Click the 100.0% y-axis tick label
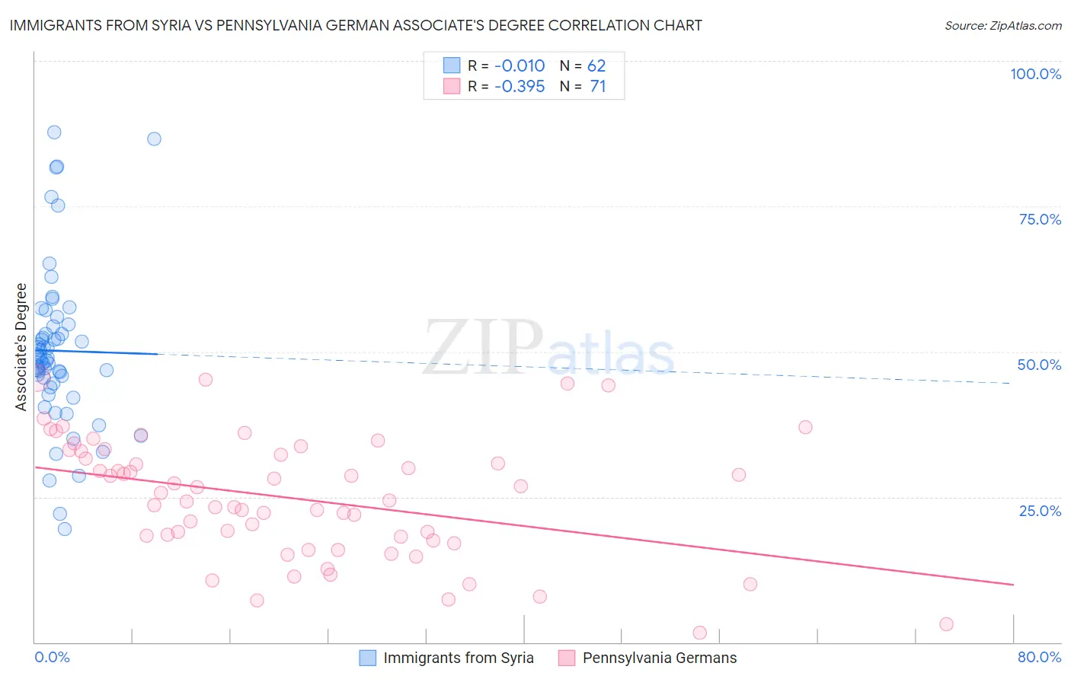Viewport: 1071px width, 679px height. [x=1035, y=74]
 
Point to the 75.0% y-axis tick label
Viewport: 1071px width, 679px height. [x=1040, y=219]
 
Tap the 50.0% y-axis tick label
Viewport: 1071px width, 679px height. [x=1039, y=365]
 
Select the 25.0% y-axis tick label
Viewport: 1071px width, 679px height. [x=1040, y=510]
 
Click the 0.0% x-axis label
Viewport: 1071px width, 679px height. [x=52, y=657]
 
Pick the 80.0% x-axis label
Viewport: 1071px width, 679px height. [x=1039, y=657]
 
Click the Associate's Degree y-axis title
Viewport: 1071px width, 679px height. [x=21, y=347]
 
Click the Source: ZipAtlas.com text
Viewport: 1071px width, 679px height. [x=1002, y=26]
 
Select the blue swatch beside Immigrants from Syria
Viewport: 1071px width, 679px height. [x=368, y=658]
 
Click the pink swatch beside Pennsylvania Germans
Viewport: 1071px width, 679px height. [x=567, y=658]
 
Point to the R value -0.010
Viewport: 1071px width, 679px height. [x=520, y=66]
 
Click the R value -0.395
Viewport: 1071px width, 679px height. [x=520, y=86]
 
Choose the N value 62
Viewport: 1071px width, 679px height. [x=596, y=66]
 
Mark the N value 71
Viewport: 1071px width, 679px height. [x=598, y=86]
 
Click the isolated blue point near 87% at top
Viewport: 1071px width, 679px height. [x=154, y=139]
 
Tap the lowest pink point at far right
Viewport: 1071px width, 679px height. [x=946, y=624]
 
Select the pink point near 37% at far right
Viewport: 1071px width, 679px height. [x=805, y=427]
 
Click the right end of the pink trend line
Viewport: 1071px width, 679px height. [x=1013, y=584]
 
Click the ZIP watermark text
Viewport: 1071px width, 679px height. [x=483, y=347]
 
